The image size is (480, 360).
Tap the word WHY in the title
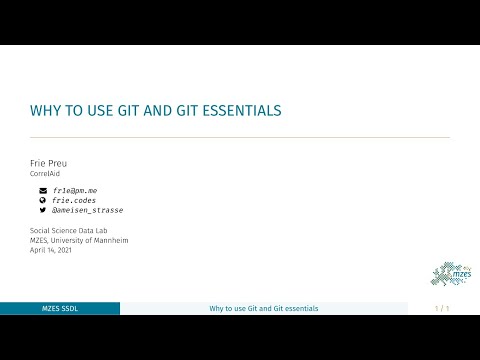[46, 109]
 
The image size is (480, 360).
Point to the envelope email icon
[43, 190]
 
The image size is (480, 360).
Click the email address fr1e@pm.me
[78, 190]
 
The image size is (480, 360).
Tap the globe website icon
[43, 200]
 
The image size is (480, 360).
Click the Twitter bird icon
[43, 211]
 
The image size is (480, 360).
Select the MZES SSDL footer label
[60, 308]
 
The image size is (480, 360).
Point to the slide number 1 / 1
[442, 308]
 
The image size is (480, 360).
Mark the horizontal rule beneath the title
[240, 137]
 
